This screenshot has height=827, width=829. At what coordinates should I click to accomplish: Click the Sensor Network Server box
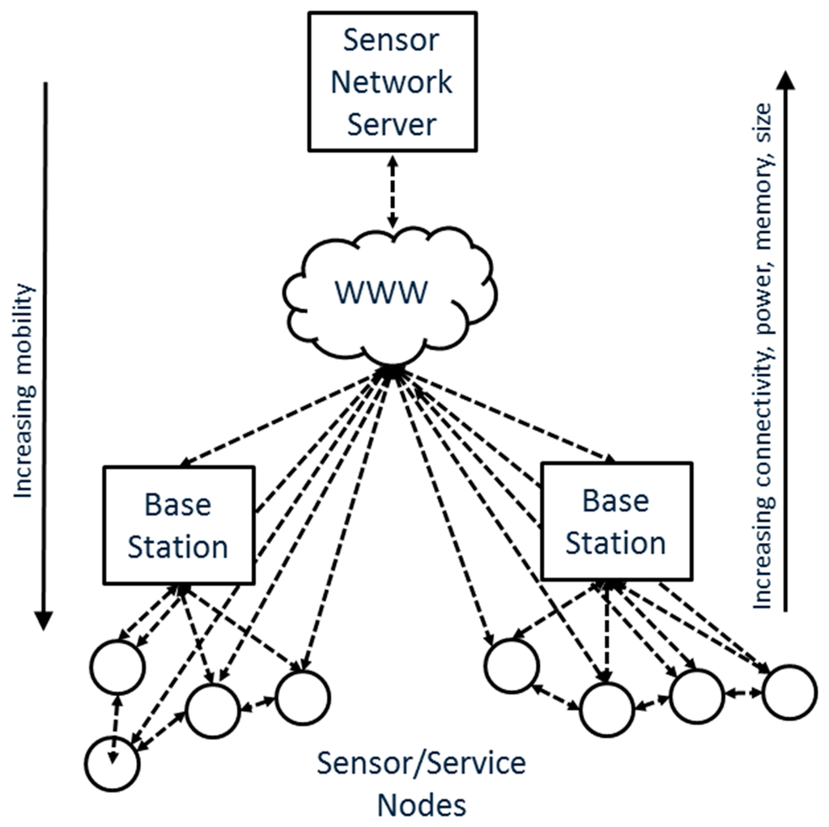click(392, 82)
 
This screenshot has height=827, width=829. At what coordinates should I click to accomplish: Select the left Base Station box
click(178, 524)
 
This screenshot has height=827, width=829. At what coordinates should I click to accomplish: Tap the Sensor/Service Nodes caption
click(421, 783)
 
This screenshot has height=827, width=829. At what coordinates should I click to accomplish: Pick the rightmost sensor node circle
click(789, 692)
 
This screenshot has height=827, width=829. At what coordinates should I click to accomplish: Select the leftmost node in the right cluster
click(511, 665)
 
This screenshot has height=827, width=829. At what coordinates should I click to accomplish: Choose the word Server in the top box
click(392, 124)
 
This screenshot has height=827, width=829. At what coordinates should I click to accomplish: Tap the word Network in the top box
click(392, 82)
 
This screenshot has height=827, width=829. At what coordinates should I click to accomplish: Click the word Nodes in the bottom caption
click(422, 804)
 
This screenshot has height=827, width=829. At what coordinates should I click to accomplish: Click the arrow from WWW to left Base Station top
click(283, 421)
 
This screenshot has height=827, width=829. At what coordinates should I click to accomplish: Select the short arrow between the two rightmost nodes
click(743, 693)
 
